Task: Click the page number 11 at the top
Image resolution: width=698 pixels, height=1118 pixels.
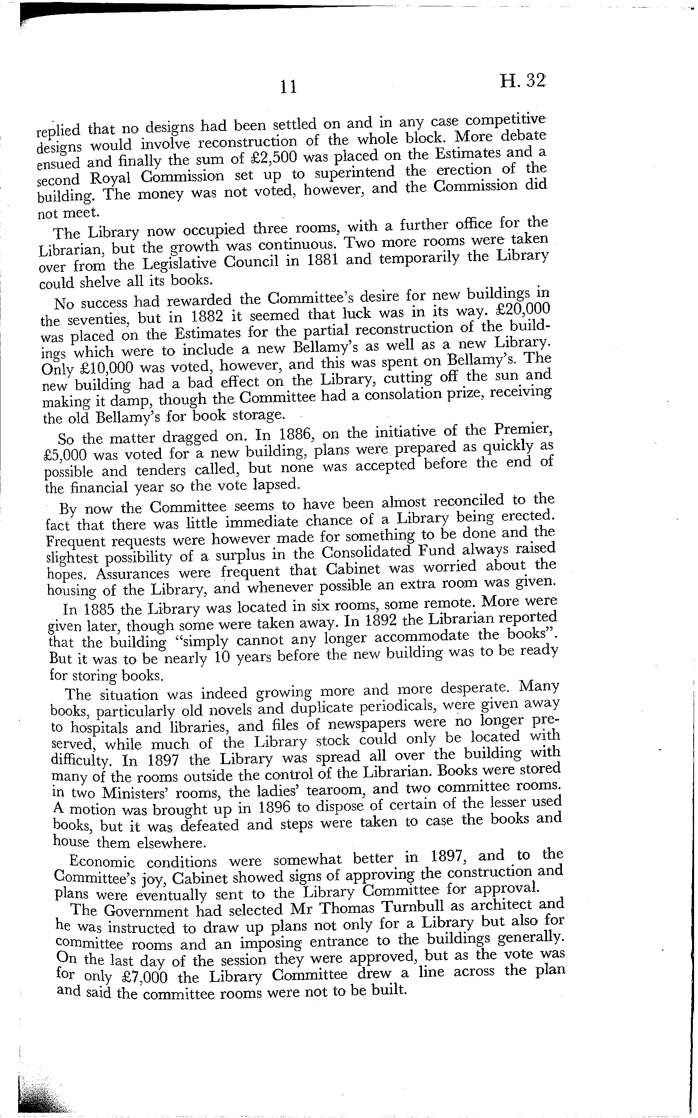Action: click(289, 87)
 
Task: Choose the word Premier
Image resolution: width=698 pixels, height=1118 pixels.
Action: click(521, 430)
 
